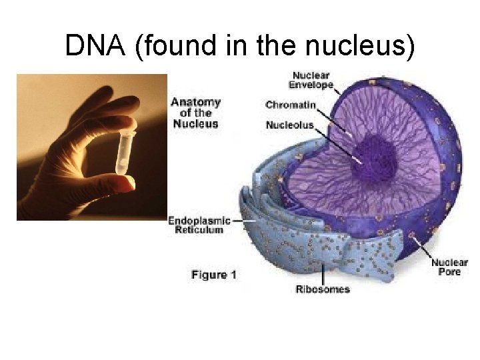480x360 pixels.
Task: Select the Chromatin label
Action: click(291, 105)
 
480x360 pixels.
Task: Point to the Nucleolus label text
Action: click(289, 125)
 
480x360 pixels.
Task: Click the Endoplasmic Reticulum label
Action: click(199, 225)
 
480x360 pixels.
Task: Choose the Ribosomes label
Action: click(323, 289)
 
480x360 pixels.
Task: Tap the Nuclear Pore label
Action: click(449, 267)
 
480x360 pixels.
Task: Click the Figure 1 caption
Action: click(214, 275)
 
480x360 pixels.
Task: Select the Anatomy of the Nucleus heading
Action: click(196, 113)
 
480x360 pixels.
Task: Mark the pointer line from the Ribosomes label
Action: click(324, 273)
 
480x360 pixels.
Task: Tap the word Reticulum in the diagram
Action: click(199, 230)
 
